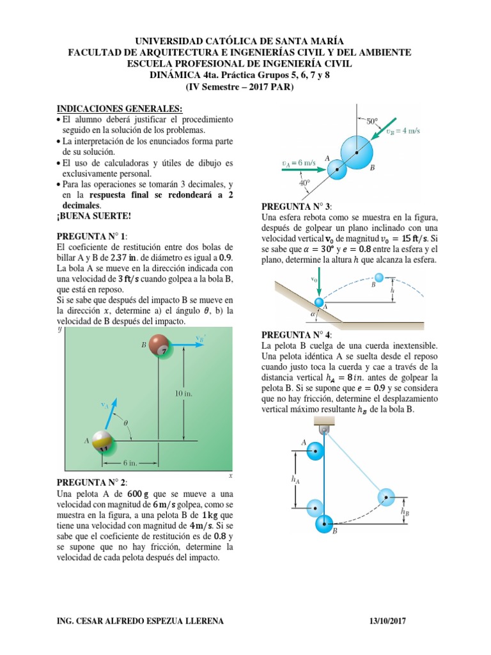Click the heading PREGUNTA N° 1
pyautogui.click(x=93, y=236)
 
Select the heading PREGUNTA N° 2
pyautogui.click(x=93, y=482)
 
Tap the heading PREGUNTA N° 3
pyautogui.click(x=297, y=207)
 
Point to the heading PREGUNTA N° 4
pyautogui.click(x=297, y=335)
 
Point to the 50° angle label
pyautogui.click(x=372, y=120)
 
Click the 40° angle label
pyautogui.click(x=304, y=183)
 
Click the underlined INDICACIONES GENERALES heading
pyautogui.click(x=120, y=108)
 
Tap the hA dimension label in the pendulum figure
pyautogui.click(x=294, y=478)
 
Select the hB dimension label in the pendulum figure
pyautogui.click(x=405, y=511)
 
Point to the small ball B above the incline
pyautogui.click(x=379, y=277)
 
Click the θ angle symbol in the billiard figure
pyautogui.click(x=126, y=423)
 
